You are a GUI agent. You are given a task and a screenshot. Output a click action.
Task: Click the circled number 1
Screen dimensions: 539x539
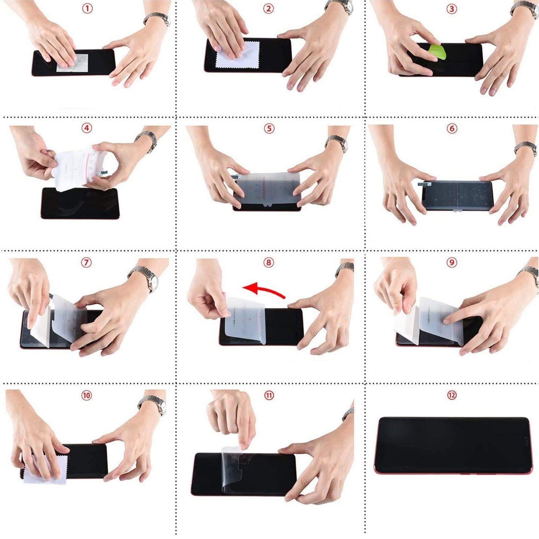click(87, 8)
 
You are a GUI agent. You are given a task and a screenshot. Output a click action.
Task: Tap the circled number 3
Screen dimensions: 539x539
click(452, 9)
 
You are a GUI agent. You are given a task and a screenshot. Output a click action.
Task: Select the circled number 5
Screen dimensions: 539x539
click(269, 128)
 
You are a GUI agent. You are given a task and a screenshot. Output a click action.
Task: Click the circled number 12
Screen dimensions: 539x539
click(452, 395)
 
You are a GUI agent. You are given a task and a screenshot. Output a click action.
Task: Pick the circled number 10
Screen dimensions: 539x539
click(87, 395)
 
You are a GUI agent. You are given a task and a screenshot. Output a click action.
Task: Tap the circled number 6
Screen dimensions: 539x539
click(452, 128)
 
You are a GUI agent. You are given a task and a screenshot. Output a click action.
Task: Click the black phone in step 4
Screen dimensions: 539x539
click(80, 204)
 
